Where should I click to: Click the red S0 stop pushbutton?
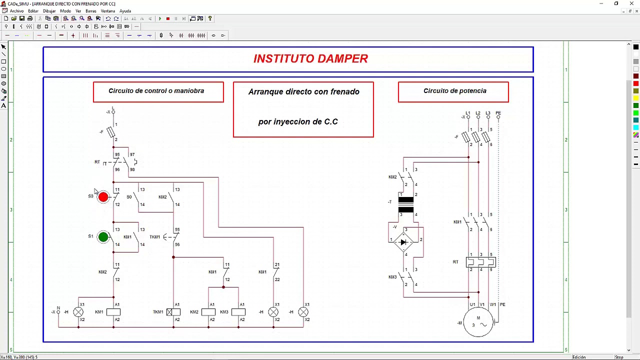103,197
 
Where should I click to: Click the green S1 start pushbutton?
103,237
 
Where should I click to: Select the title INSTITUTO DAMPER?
310,58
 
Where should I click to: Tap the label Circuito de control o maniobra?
156,91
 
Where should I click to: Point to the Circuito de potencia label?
454,91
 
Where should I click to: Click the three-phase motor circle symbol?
478,322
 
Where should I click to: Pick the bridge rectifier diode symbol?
403,242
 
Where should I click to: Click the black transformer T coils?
405,205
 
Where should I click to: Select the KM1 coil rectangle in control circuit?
113,312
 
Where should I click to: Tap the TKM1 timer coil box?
173,312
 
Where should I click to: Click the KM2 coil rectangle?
208,312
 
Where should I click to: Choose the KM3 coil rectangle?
238,312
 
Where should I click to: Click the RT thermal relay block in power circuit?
480,262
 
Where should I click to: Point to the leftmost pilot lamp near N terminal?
78,312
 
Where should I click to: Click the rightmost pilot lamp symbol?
303,312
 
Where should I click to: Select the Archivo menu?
16,11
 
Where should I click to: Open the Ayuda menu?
125,11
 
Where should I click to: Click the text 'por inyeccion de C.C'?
298,122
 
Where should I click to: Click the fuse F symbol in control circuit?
110,132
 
